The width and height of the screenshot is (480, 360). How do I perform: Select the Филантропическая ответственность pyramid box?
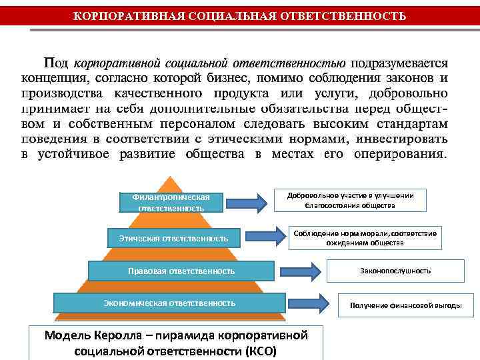[171, 202]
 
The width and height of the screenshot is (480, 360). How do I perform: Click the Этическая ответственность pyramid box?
[173, 237]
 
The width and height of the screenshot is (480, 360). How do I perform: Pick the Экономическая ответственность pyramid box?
[169, 303]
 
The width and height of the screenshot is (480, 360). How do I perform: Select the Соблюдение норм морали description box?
[365, 238]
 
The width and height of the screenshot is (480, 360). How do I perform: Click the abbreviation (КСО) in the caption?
[259, 351]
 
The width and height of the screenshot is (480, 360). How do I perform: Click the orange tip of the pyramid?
[173, 183]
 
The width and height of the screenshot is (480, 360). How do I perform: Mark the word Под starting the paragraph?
[56, 63]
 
